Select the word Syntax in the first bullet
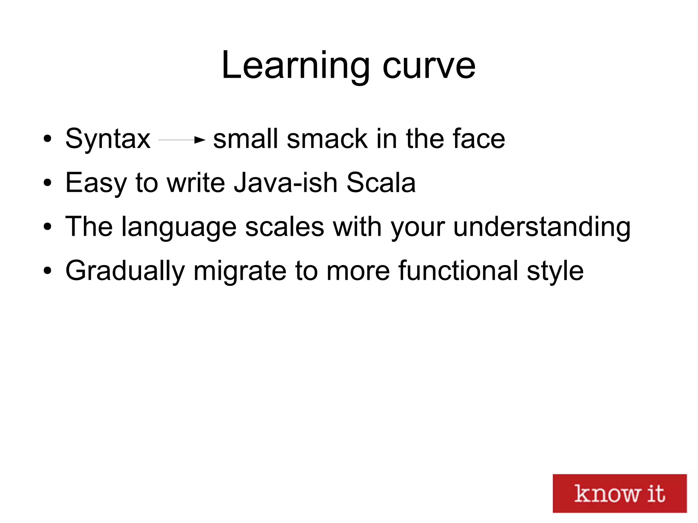pyautogui.click(x=108, y=139)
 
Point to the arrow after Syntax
pyautogui.click(x=182, y=140)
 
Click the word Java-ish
pyautogui.click(x=285, y=183)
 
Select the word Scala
pyautogui.click(x=381, y=183)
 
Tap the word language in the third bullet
pyautogui.click(x=179, y=227)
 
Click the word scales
pyautogui.click(x=285, y=227)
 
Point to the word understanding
pyautogui.click(x=542, y=227)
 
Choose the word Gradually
pyautogui.click(x=125, y=271)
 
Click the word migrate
pyautogui.click(x=240, y=271)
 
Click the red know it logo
pyautogui.click(x=619, y=493)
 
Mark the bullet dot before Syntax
pyautogui.click(x=47, y=139)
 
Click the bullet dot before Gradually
pyautogui.click(x=47, y=271)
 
